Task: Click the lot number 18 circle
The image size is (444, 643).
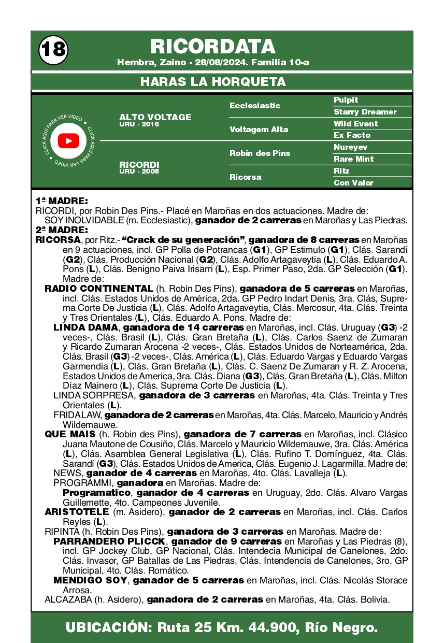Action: tap(53, 50)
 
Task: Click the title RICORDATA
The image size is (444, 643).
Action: tap(213, 47)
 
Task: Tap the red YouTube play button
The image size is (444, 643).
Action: tap(68, 141)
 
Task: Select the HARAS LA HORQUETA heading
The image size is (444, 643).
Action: tap(213, 82)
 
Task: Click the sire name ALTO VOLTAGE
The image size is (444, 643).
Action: tap(155, 117)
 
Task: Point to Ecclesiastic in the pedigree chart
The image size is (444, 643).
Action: tap(254, 106)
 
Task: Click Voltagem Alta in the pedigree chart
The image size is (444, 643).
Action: tap(259, 130)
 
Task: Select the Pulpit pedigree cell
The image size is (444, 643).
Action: tap(346, 100)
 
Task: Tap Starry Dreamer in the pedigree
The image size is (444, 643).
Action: tap(365, 112)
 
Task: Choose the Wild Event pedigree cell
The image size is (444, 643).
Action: tap(355, 124)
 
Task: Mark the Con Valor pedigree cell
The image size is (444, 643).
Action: tap(353, 183)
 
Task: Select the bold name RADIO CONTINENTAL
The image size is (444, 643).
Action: tap(99, 289)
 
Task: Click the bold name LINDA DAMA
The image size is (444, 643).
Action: tap(86, 327)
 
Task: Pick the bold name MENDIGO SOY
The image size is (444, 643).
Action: tap(90, 580)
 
